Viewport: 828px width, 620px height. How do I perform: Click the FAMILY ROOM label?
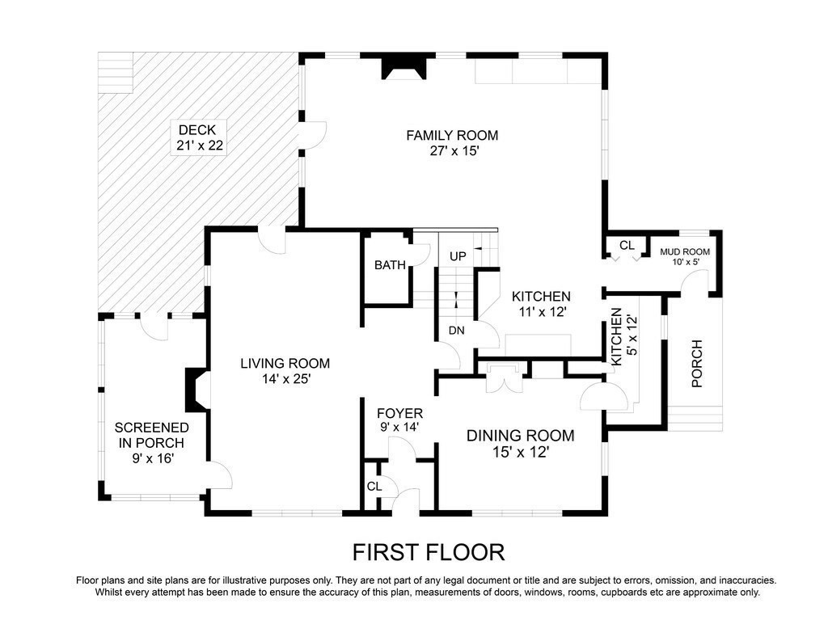[452, 135]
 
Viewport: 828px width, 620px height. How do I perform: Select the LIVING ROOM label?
[285, 364]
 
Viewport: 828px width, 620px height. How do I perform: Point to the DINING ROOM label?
[520, 436]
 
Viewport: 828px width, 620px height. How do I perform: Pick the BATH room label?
[389, 265]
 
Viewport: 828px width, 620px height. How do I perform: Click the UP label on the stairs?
[458, 256]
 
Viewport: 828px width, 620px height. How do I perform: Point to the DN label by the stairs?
[457, 330]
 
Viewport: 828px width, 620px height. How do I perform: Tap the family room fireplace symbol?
[403, 70]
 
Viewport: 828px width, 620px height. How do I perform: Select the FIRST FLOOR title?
[429, 552]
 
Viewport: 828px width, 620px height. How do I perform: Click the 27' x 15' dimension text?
[452, 151]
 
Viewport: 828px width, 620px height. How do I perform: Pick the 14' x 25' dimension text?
[285, 379]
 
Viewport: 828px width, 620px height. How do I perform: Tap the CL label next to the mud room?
[627, 245]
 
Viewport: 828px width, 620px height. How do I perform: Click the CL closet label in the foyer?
[374, 487]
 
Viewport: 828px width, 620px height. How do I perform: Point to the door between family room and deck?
[311, 134]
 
